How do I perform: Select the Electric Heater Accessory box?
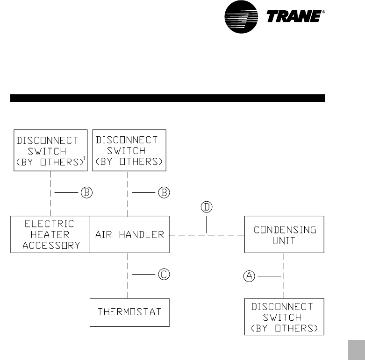pos(50,234)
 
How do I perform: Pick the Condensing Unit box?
pos(284,234)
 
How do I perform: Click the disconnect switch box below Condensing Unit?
pos(284,318)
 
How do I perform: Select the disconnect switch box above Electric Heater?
pos(50,151)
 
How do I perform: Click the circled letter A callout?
pos(250,276)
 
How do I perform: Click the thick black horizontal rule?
pos(167,98)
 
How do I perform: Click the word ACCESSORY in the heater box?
pos(50,244)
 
